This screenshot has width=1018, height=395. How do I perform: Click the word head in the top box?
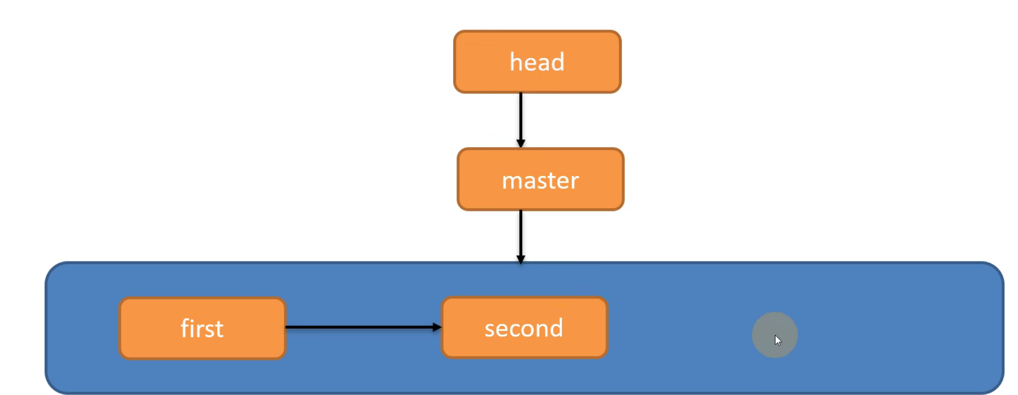pos(537,62)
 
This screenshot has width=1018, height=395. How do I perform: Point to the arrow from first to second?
pos(359,327)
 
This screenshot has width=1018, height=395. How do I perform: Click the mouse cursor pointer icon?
pos(778,340)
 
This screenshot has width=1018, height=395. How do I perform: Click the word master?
pos(540,181)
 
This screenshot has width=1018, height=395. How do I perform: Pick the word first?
pos(202,328)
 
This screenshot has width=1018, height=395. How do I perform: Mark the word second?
pos(523,328)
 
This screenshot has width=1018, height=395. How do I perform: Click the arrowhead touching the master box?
pos(520,144)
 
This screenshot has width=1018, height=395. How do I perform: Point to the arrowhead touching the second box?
pos(437,327)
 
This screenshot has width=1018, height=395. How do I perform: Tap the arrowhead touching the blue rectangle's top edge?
pos(520,260)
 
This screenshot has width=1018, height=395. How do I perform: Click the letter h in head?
pos(515,62)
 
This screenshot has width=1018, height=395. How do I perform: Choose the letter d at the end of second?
pos(556,327)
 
